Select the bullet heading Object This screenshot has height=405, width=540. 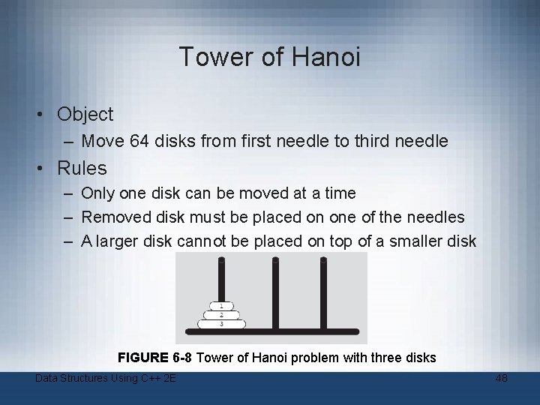pyautogui.click(x=85, y=114)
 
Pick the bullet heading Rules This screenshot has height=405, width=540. pyautogui.click(x=82, y=168)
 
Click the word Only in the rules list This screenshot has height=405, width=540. pyautogui.click(x=98, y=193)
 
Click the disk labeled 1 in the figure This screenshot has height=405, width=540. pyautogui.click(x=221, y=306)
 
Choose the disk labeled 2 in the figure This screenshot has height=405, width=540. pyautogui.click(x=221, y=315)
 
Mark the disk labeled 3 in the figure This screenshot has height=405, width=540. pyautogui.click(x=221, y=324)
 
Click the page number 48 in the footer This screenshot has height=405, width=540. pyautogui.click(x=501, y=379)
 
